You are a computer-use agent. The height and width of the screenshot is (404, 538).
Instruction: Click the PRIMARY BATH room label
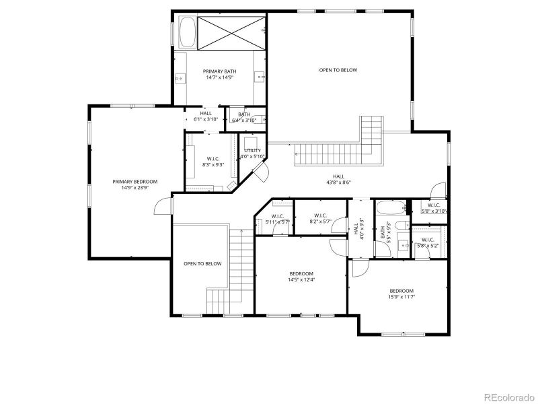[220, 71]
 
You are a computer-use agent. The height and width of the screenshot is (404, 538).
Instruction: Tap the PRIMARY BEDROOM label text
[134, 182]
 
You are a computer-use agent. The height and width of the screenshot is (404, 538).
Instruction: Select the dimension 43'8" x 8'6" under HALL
[338, 182]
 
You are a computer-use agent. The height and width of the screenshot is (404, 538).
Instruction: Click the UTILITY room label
[253, 151]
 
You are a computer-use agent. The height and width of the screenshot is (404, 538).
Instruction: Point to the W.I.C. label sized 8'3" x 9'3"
[213, 159]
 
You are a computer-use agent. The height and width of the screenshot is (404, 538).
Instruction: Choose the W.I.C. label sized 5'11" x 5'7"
[276, 216]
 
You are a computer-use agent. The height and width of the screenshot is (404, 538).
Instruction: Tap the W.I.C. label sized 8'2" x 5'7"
[320, 216]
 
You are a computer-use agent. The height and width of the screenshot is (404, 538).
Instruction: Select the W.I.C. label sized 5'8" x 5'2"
[428, 240]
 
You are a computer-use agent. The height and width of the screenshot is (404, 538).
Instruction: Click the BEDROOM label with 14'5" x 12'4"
[301, 274]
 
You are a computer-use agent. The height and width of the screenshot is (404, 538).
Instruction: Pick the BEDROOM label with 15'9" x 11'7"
[401, 291]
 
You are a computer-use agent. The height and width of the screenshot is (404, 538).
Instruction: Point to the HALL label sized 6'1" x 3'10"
[205, 114]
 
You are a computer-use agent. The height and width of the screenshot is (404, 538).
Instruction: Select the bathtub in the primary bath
[186, 32]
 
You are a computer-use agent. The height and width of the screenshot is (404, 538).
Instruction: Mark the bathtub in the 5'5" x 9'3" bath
[391, 207]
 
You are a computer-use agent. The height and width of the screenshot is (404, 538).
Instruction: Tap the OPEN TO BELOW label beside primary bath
[338, 70]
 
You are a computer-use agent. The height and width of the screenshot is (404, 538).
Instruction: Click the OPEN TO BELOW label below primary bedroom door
[202, 264]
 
